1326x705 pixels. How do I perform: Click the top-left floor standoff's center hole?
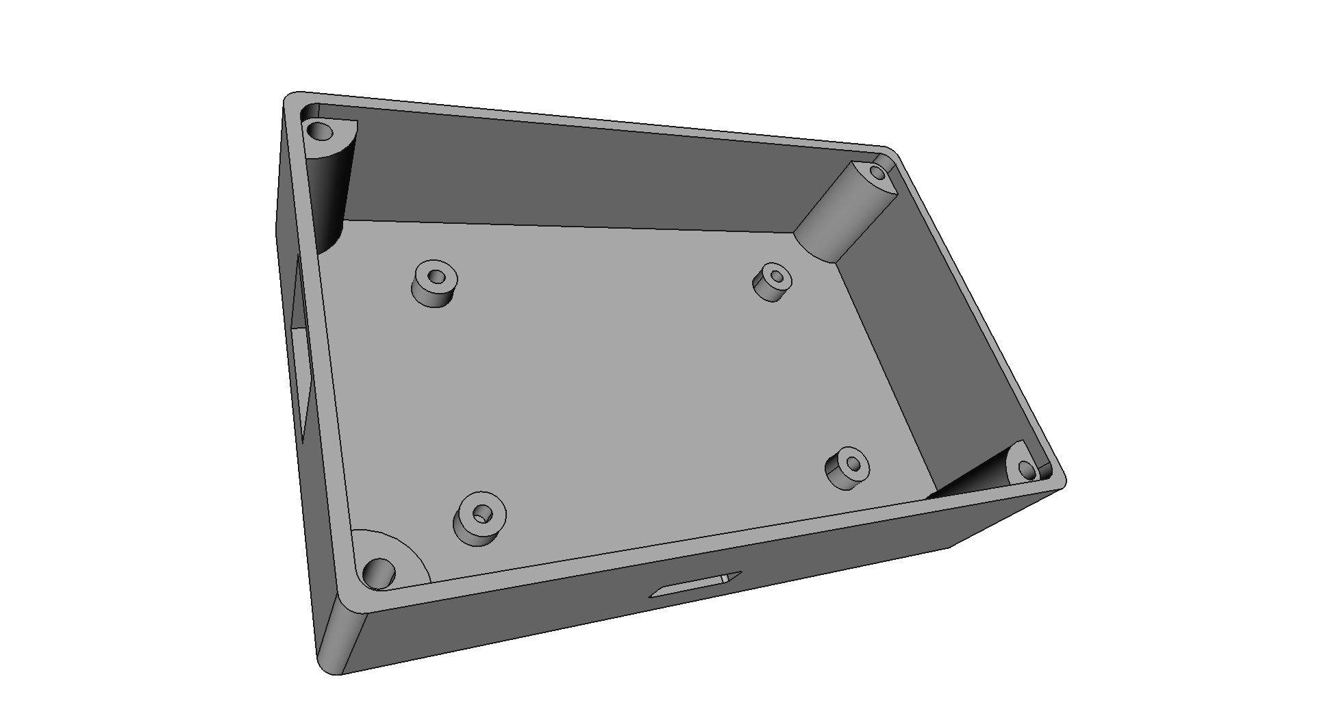click(436, 277)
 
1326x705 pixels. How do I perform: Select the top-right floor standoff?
click(773, 282)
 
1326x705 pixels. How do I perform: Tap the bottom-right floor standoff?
click(847, 469)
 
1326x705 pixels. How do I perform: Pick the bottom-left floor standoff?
click(479, 519)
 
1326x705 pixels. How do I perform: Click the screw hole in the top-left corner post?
click(318, 129)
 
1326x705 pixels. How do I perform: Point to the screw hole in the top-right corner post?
click(878, 172)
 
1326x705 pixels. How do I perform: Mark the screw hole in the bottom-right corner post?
click(1025, 470)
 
